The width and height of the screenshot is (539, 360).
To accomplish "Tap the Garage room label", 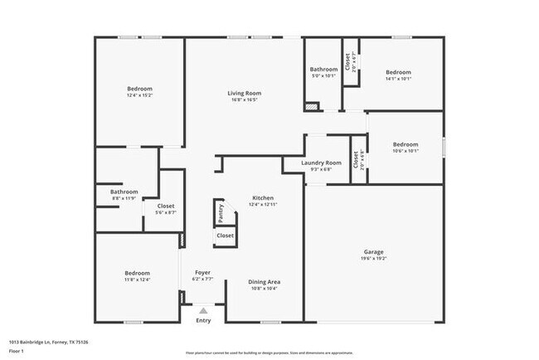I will point(373,251).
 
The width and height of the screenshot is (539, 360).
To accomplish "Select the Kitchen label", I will point(263,197).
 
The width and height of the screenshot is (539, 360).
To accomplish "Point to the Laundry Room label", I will point(322,163).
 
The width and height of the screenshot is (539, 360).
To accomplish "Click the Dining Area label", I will point(263,282).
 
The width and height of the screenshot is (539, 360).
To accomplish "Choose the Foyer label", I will point(202,272).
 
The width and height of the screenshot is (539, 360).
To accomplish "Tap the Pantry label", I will point(221,213).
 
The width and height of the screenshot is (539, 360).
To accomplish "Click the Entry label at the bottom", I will point(203,320).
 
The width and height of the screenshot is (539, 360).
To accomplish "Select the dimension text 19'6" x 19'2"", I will point(373,258).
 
